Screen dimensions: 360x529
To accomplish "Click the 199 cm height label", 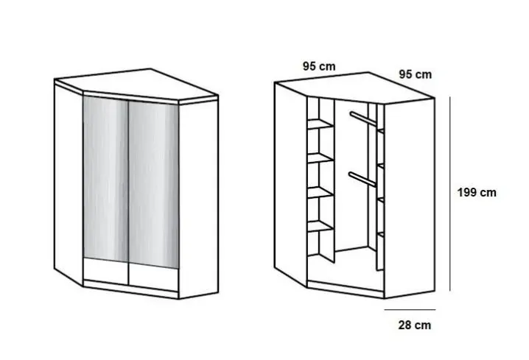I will [x=477, y=193].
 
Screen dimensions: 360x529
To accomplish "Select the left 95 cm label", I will [x=318, y=66].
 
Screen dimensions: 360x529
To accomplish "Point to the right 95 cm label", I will [x=415, y=74].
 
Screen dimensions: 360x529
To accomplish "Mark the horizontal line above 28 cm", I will [x=413, y=310].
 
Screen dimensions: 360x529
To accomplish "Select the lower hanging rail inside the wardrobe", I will [x=360, y=179].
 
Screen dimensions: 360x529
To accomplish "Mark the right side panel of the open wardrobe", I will [x=409, y=199].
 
